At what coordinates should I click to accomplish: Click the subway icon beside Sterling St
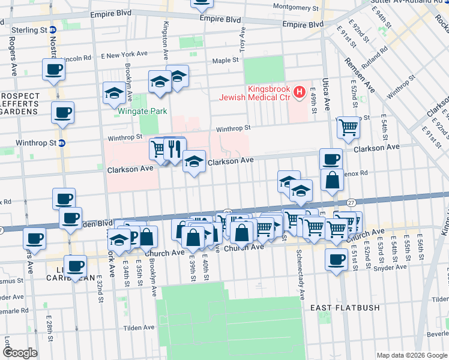click(x=53, y=30)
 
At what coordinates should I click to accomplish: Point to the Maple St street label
click(x=226, y=61)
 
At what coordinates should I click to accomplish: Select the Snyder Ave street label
click(x=388, y=253)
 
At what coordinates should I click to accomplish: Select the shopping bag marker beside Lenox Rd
click(x=332, y=180)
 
